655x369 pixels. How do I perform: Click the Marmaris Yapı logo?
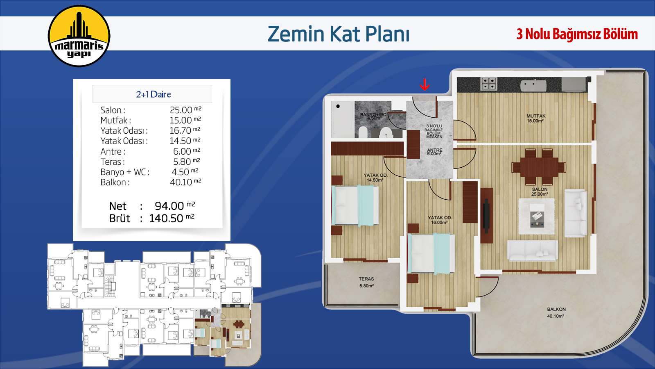tap(79, 36)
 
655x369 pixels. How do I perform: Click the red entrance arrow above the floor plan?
tap(424, 84)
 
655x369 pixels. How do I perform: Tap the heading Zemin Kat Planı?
tap(338, 34)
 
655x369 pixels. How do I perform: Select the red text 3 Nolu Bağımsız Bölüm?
tap(577, 34)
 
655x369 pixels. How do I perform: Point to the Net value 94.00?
tap(169, 206)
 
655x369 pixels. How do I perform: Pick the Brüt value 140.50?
tap(166, 219)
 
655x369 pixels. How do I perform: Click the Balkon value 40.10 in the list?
tap(181, 182)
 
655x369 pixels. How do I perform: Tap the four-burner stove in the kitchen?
tap(489, 83)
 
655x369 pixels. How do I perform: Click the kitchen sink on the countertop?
tap(533, 85)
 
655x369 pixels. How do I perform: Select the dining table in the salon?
tap(539, 166)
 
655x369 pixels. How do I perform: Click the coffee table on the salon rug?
tap(537, 216)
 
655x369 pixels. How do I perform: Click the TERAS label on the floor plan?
tap(366, 279)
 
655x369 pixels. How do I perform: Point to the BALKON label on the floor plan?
tap(556, 309)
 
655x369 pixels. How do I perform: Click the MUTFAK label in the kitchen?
tap(536, 116)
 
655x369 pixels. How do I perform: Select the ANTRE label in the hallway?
tap(434, 150)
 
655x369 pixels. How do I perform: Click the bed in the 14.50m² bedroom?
tap(355, 205)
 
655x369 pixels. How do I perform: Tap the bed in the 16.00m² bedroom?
tap(431, 253)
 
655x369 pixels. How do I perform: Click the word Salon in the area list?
tap(111, 110)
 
